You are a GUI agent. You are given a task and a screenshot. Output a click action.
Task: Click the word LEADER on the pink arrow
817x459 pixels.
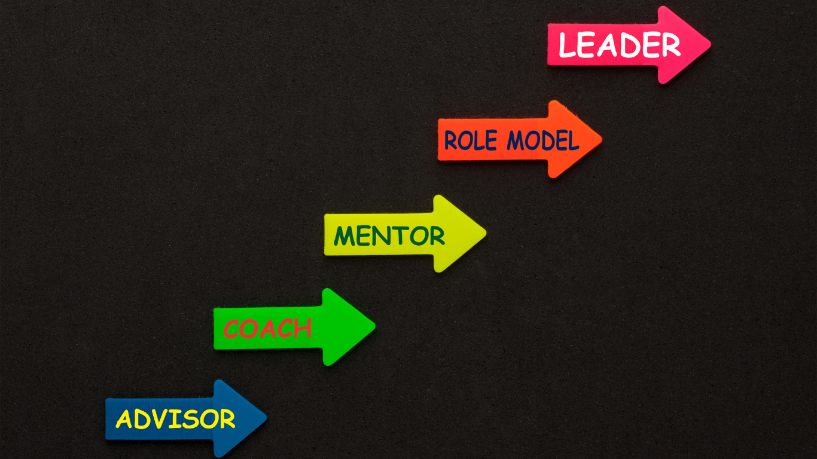pyautogui.click(x=619, y=45)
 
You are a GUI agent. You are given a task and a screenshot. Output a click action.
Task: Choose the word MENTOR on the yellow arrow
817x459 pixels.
pyautogui.click(x=389, y=235)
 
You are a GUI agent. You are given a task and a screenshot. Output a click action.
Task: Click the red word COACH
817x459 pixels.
pyautogui.click(x=267, y=329)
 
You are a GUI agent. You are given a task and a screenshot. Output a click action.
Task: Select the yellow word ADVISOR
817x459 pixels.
pyautogui.click(x=175, y=419)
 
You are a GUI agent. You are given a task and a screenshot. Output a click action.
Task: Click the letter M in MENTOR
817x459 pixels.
pyautogui.click(x=344, y=236)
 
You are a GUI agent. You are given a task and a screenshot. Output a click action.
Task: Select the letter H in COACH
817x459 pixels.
pyautogui.click(x=303, y=328)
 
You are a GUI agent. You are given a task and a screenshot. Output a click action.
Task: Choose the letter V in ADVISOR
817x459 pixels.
pyautogui.click(x=161, y=419)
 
